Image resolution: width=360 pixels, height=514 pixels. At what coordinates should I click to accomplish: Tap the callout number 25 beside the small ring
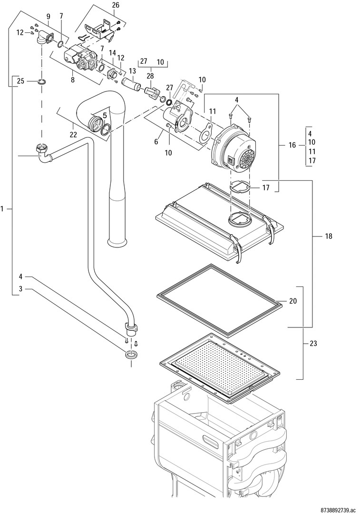20,81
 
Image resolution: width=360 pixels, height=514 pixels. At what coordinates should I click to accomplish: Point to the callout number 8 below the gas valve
73,79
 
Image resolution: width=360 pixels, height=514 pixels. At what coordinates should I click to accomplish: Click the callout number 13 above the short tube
132,71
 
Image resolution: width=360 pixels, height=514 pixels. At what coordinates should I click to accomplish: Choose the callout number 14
112,52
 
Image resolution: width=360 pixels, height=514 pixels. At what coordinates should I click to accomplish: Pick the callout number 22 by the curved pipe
73,134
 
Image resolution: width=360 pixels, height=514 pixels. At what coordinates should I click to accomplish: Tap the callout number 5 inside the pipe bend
105,115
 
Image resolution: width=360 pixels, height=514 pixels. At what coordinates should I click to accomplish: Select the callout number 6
156,142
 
